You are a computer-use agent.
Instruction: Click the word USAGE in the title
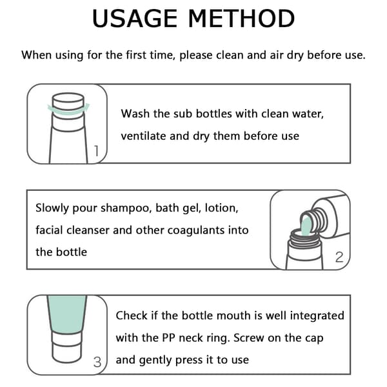pyautogui.click(x=135, y=19)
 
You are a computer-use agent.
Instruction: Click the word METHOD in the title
pyautogui.click(x=241, y=19)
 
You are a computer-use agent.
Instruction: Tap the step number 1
pyautogui.click(x=97, y=150)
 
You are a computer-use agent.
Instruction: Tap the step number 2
pyautogui.click(x=339, y=257)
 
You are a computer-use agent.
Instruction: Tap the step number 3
pyautogui.click(x=97, y=362)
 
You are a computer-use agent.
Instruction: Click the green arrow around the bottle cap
pyautogui.click(x=68, y=110)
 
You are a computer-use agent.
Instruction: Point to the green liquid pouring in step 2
pyautogui.click(x=306, y=226)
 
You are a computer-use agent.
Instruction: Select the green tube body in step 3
pyautogui.click(x=67, y=314)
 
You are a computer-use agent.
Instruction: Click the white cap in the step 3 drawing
pyautogui.click(x=67, y=348)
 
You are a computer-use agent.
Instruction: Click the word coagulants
pyautogui.click(x=196, y=230)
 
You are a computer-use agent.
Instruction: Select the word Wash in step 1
pyautogui.click(x=135, y=114)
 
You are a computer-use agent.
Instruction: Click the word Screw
pyautogui.click(x=249, y=338)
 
